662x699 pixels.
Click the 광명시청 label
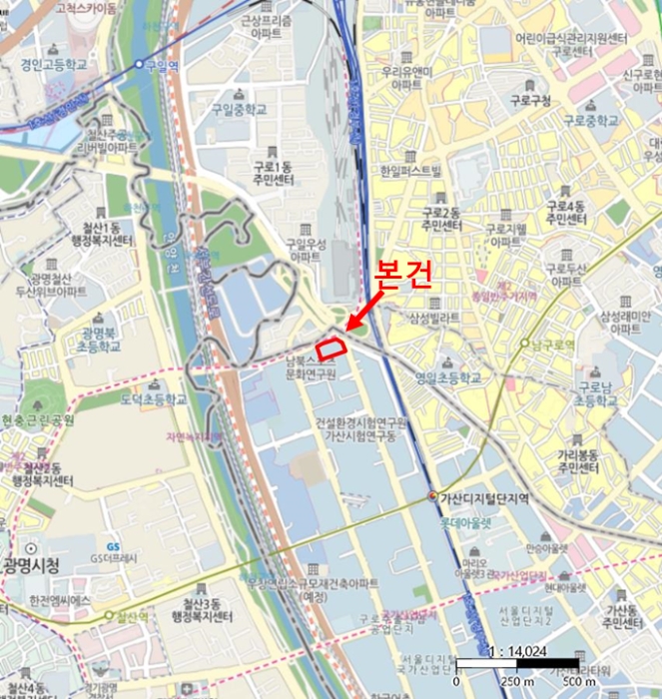pyautogui.click(x=31, y=566)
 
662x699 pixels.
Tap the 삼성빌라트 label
pyautogui.click(x=433, y=318)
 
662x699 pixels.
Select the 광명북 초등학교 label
pyautogui.click(x=101, y=339)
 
